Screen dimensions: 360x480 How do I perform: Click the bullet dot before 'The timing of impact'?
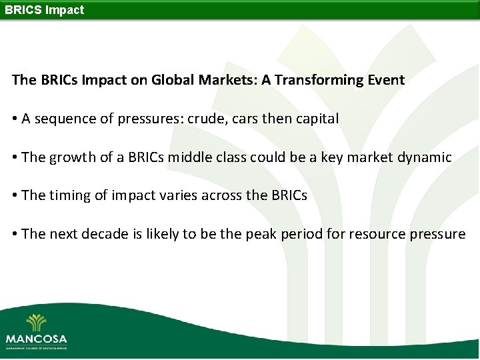[x=15, y=196]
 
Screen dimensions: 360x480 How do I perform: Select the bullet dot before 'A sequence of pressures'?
[x=15, y=119]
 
